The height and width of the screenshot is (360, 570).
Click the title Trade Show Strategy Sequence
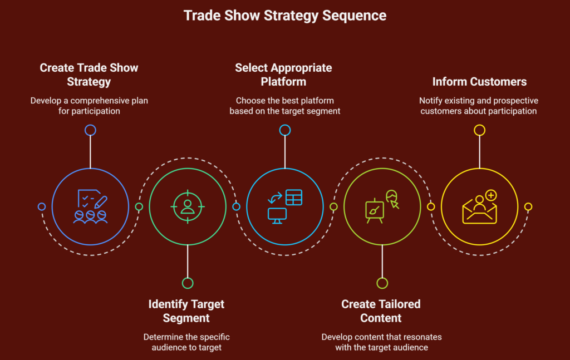[284, 15]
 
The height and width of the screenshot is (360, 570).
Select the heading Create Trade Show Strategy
[89, 75]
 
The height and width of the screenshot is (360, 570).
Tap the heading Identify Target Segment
[186, 311]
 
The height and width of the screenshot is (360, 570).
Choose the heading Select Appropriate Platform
[283, 75]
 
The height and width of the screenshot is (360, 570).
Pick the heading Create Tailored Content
[381, 311]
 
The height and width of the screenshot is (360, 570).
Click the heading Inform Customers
[479, 82]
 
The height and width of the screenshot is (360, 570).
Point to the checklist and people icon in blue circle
[90, 206]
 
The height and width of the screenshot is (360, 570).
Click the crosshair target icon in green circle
[188, 206]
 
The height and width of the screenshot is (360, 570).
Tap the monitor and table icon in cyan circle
[284, 206]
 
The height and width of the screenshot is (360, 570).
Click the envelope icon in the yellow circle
[479, 208]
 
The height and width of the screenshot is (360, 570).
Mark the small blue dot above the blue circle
[90, 130]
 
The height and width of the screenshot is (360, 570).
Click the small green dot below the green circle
[188, 283]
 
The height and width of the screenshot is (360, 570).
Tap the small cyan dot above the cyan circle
[284, 130]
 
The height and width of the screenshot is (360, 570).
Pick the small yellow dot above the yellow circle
[479, 130]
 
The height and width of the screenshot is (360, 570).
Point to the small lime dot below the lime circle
[382, 283]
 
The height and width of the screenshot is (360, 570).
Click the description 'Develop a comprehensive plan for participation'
[89, 106]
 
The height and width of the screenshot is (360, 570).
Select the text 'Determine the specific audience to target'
[186, 342]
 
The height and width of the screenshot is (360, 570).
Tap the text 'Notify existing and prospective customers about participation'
[479, 106]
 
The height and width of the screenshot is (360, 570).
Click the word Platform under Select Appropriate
[283, 82]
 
